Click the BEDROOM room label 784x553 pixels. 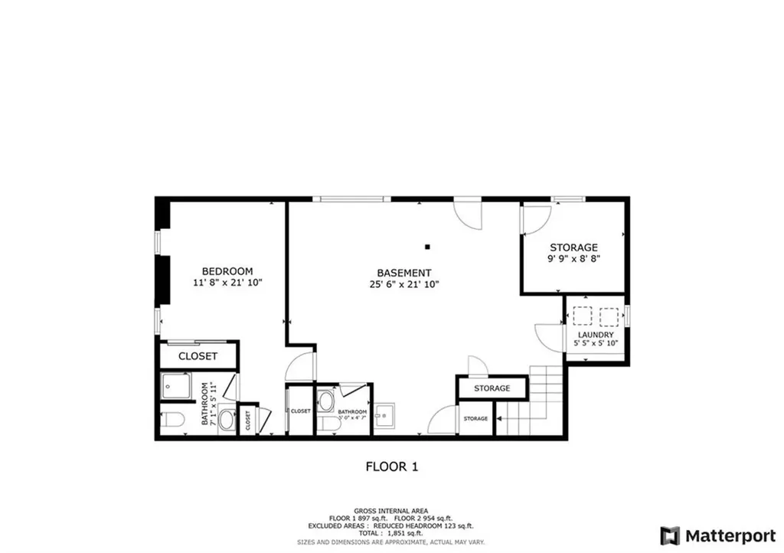pyautogui.click(x=227, y=271)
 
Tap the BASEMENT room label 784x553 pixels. pyautogui.click(x=403, y=273)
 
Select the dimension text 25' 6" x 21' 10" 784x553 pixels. pyautogui.click(x=403, y=284)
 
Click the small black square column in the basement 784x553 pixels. pyautogui.click(x=428, y=247)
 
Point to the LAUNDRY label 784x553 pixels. pyautogui.click(x=595, y=335)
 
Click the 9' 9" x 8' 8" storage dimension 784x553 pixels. pyautogui.click(x=573, y=260)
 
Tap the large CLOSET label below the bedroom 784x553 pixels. pyautogui.click(x=198, y=356)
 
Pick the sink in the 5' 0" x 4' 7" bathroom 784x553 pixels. pyautogui.click(x=325, y=401)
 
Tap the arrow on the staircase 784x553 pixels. pyautogui.click(x=499, y=419)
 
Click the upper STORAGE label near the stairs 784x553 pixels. pyautogui.click(x=492, y=388)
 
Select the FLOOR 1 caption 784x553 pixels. pyautogui.click(x=391, y=466)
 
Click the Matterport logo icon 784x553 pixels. pyautogui.click(x=670, y=535)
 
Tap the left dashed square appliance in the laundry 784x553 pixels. pyautogui.click(x=583, y=316)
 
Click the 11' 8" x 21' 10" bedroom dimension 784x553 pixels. pyautogui.click(x=227, y=283)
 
